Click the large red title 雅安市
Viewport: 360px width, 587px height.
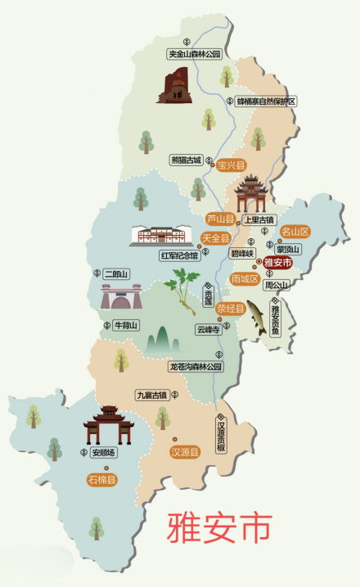pyautogui.click(x=218, y=530)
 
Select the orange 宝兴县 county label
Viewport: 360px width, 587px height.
pyautogui.click(x=231, y=165)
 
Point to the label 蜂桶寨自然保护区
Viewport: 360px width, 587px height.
pyautogui.click(x=265, y=101)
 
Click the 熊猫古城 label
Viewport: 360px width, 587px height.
pyautogui.click(x=185, y=160)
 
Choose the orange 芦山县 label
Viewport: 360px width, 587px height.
pyautogui.click(x=220, y=219)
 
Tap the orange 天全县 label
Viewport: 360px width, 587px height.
pyautogui.click(x=214, y=237)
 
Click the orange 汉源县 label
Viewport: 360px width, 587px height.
pyautogui.click(x=185, y=450)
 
